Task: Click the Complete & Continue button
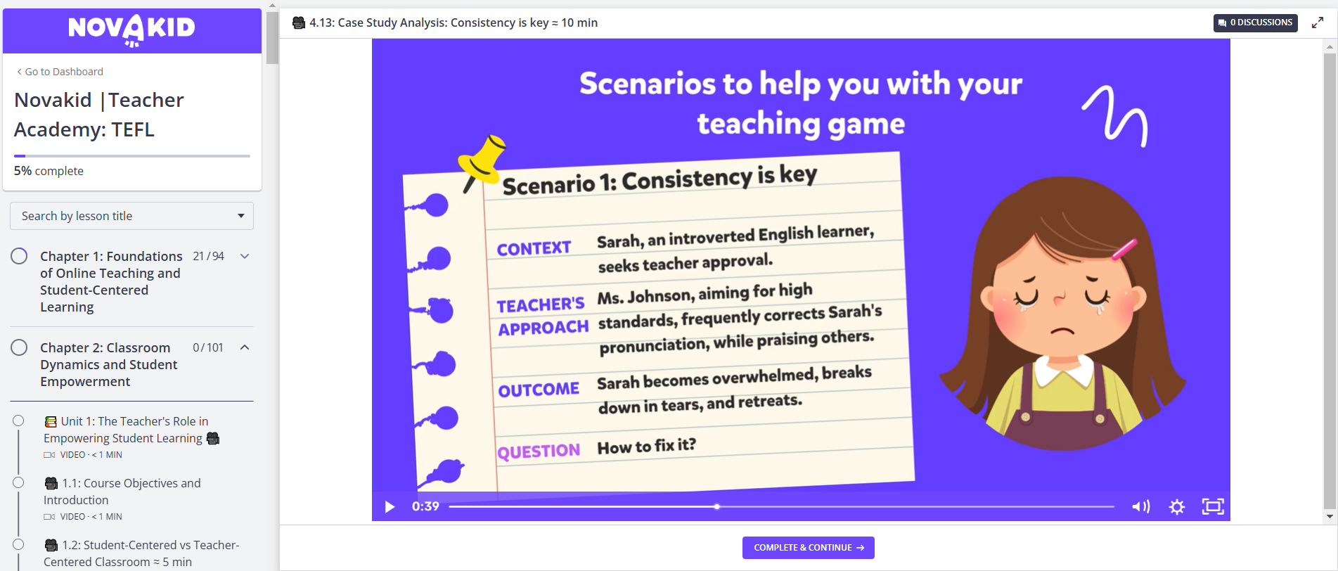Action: [x=808, y=548]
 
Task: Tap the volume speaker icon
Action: [x=1140, y=506]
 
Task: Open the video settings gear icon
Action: [x=1177, y=506]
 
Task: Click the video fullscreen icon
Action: [x=1213, y=506]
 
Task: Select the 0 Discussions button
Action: [x=1255, y=23]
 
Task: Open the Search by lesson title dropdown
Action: [x=131, y=216]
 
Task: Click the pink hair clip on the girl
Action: [x=1124, y=250]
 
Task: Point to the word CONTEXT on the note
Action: [x=534, y=249]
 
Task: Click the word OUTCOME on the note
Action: [x=539, y=390]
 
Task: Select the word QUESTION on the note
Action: [x=539, y=451]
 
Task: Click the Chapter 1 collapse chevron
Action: [x=245, y=256]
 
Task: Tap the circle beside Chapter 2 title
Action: [x=19, y=347]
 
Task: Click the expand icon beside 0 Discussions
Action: [x=1318, y=23]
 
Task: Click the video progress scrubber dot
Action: [x=716, y=506]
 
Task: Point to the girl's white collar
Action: [x=1064, y=372]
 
